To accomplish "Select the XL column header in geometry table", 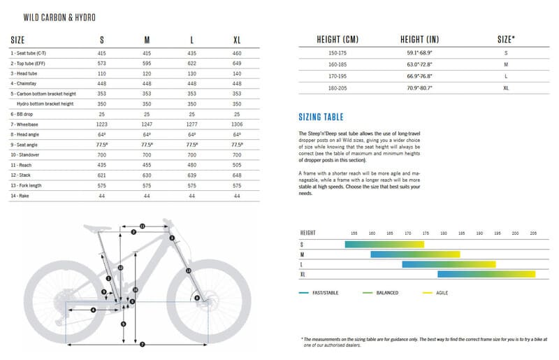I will [237, 39].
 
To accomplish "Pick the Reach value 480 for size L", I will [191, 166].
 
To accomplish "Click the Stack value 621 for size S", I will [103, 175].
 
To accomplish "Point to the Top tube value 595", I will [147, 62].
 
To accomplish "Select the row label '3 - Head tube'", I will [26, 73].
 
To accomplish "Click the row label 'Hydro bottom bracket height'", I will [45, 103].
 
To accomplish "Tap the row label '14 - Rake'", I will [22, 196].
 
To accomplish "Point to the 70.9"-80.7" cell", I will [419, 88].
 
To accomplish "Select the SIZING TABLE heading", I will [320, 117].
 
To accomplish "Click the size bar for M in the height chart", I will [414, 254].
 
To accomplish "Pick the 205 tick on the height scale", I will [533, 232].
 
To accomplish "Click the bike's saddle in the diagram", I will [99, 226].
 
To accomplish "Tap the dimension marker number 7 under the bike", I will [142, 344].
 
